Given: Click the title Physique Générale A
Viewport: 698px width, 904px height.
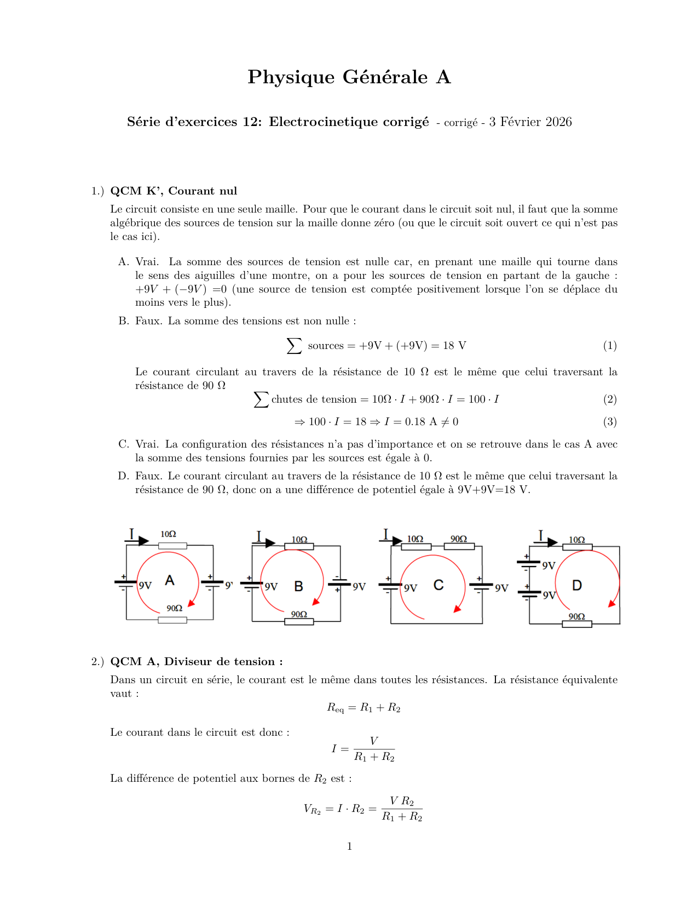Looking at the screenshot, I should [x=349, y=77].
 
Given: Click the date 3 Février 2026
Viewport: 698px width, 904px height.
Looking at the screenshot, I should [x=530, y=122].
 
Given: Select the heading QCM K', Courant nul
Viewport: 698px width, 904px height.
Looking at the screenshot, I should [x=174, y=191].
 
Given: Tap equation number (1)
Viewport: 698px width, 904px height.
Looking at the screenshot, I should [x=609, y=346].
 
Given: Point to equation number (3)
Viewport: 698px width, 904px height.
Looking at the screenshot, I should [x=609, y=422].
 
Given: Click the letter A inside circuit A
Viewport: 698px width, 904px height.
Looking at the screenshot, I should [x=170, y=580].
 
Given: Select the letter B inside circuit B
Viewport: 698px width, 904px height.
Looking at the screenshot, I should [x=298, y=586].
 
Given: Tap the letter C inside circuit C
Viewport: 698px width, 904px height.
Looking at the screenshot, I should [x=439, y=585].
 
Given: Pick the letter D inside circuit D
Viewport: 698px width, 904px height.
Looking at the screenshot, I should [x=577, y=586].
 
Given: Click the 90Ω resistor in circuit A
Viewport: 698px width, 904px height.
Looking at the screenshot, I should [x=172, y=620].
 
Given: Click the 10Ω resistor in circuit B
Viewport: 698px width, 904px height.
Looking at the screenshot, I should [x=299, y=546].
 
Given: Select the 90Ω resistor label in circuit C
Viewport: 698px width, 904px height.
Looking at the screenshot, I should [x=459, y=539].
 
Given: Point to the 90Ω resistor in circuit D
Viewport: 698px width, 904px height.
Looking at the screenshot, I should [x=577, y=624].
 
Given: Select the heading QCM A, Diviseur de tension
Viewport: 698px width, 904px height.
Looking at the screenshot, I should [x=197, y=662].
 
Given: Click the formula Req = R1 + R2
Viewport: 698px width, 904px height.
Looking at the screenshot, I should [x=364, y=708].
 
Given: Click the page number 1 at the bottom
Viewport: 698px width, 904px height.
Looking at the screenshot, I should [x=349, y=846].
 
